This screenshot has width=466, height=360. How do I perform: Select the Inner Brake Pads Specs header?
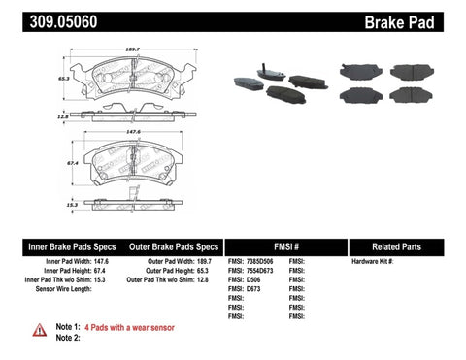coord(58,246)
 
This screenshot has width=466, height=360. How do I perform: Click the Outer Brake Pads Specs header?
coord(172,246)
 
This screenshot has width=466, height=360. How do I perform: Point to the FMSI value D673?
coord(255,290)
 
